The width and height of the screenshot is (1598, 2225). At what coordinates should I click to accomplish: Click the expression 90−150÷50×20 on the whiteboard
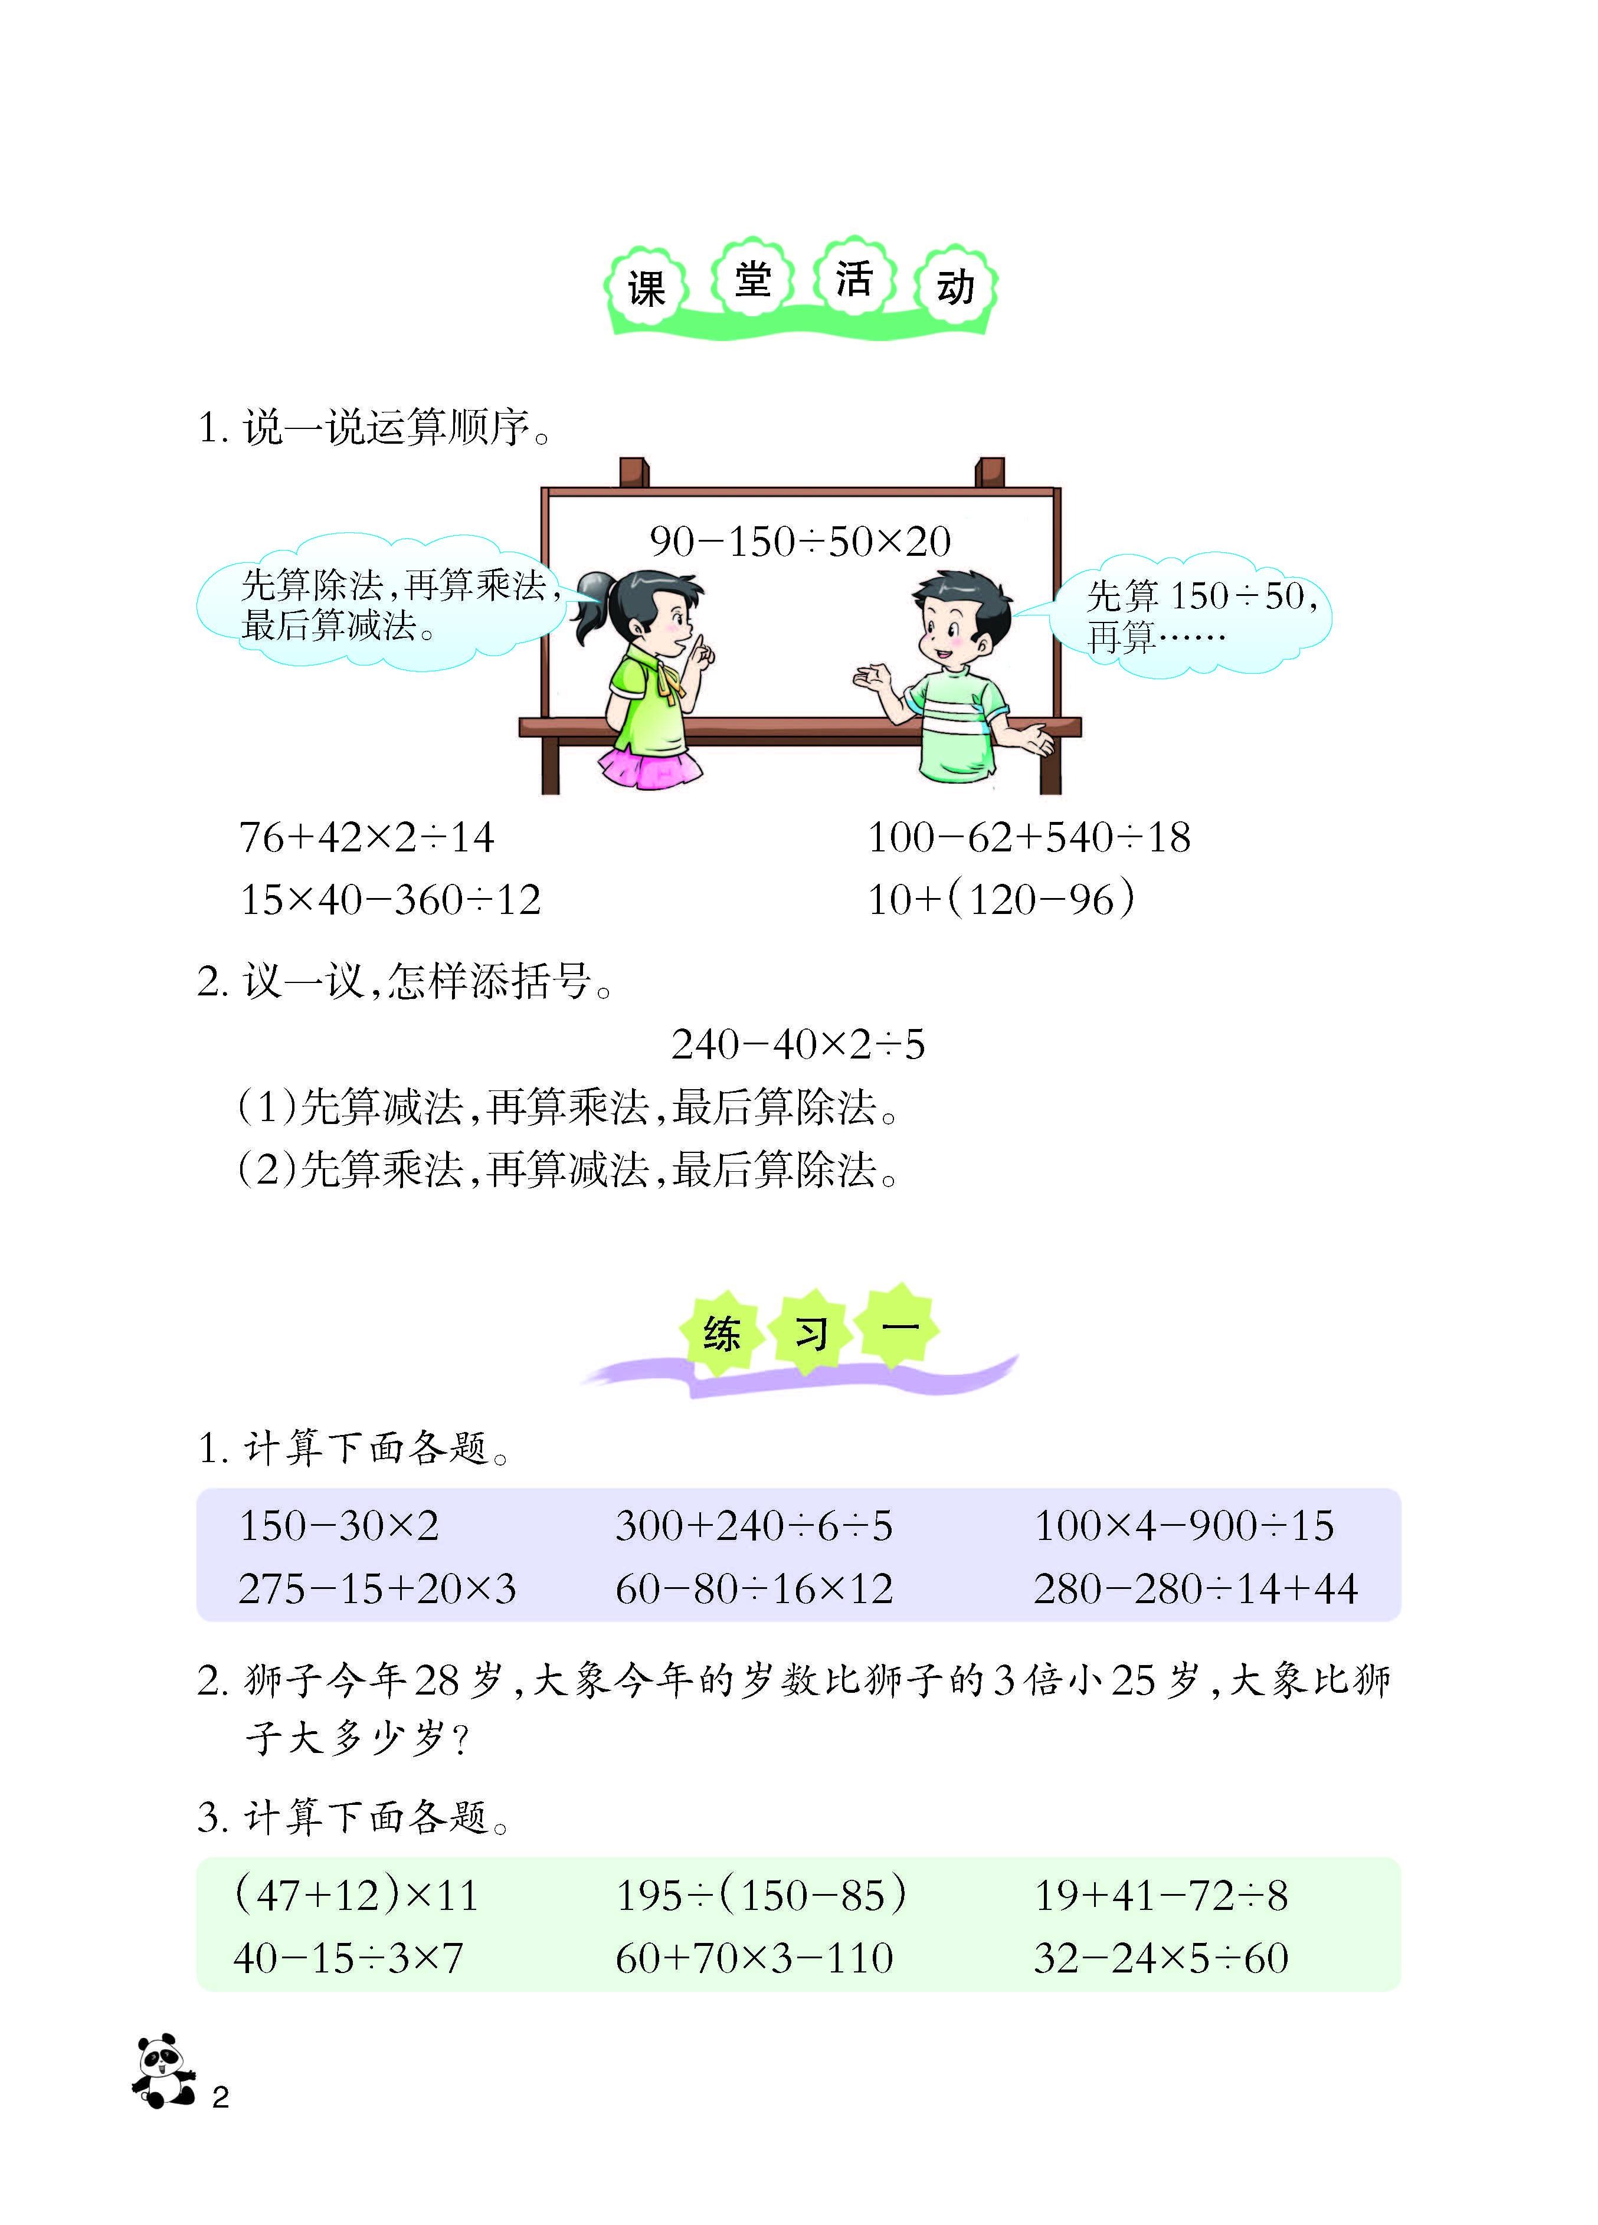(x=800, y=540)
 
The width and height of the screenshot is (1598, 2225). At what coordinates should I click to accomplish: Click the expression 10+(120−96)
(x=1001, y=899)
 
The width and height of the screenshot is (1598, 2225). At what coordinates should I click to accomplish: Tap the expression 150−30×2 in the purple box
(x=339, y=1525)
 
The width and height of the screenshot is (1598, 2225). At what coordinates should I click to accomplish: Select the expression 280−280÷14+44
(x=1196, y=1588)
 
